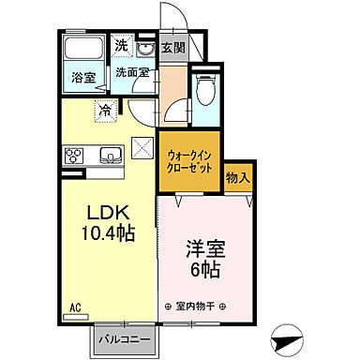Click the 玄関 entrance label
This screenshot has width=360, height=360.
[172, 48]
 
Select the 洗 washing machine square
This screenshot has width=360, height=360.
[122, 45]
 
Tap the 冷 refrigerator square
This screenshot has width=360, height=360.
[106, 110]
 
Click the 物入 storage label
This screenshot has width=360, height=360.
[238, 175]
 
